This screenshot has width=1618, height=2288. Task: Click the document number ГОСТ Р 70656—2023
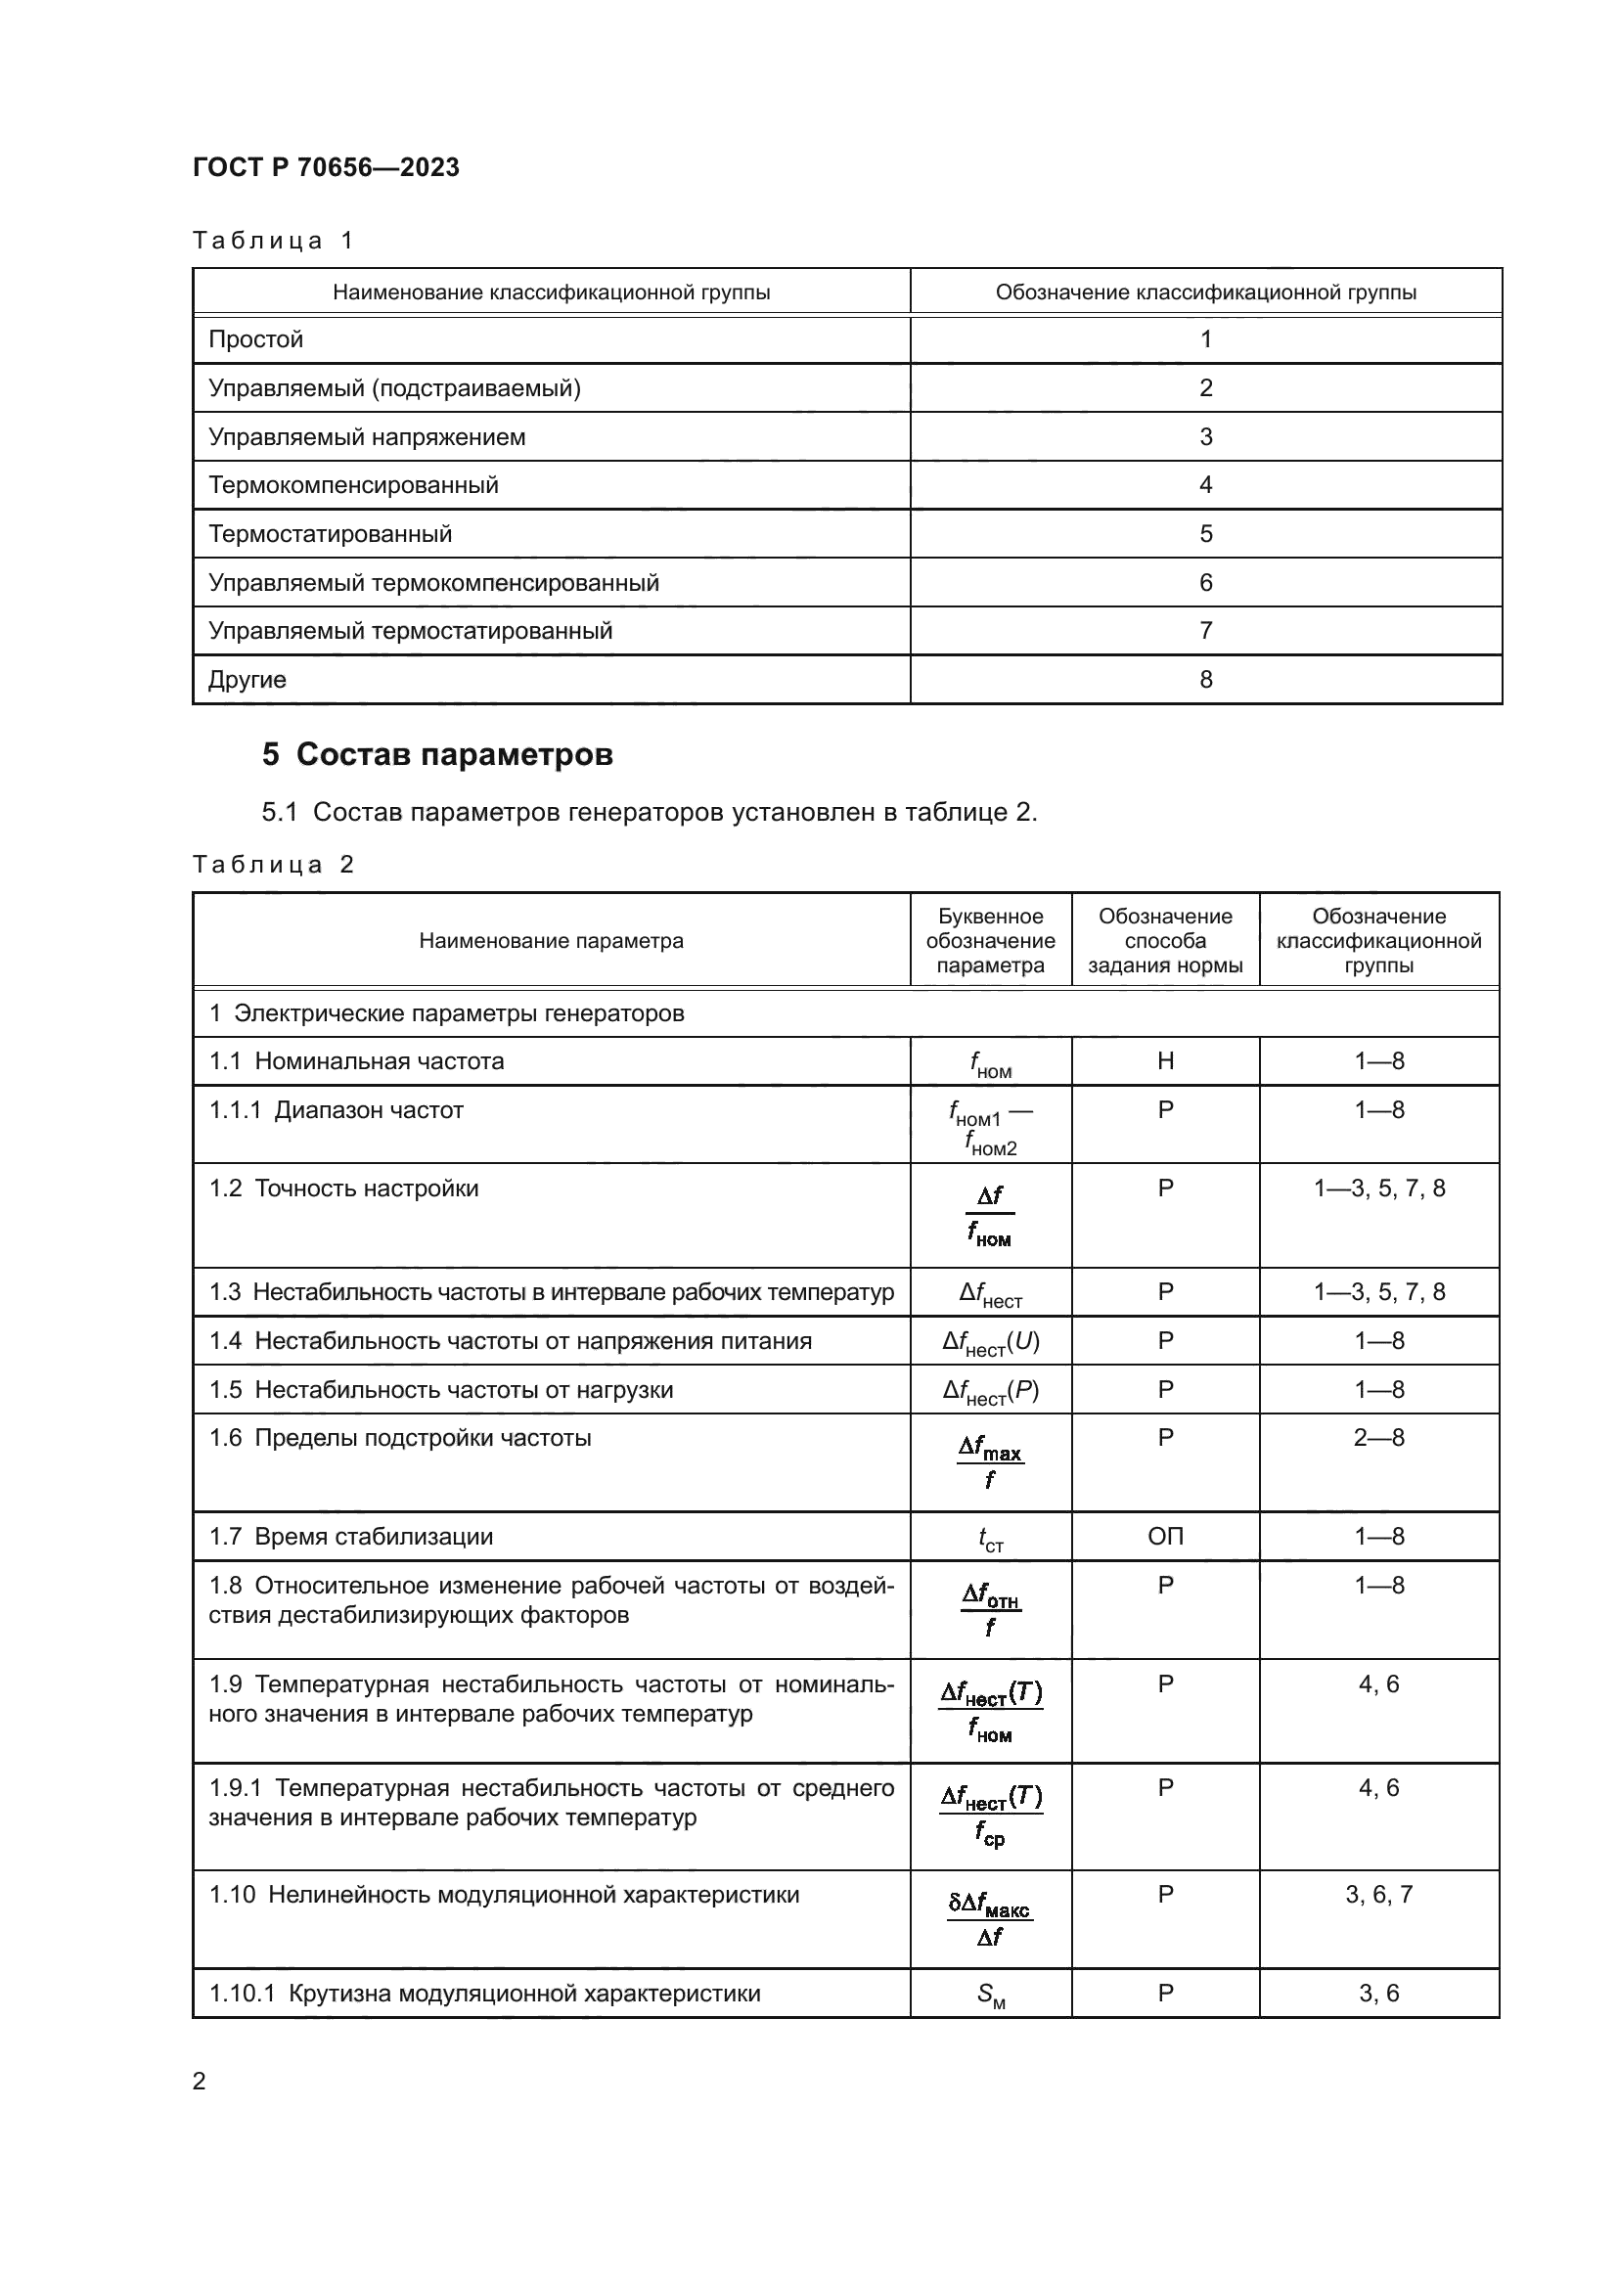[326, 167]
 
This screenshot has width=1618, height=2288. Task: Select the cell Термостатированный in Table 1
[330, 534]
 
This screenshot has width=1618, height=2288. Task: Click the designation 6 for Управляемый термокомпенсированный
[1205, 583]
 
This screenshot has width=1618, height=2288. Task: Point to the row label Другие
[247, 680]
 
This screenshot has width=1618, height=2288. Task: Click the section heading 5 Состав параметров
[437, 754]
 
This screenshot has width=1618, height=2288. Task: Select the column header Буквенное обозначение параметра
[990, 941]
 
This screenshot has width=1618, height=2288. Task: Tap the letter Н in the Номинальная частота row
[1165, 1061]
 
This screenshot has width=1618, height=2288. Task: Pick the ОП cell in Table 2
[1165, 1537]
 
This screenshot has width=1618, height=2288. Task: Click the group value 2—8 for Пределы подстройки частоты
[1379, 1438]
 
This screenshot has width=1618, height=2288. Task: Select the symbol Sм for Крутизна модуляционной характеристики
[990, 1994]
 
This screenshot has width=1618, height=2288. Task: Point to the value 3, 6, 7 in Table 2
[1379, 1895]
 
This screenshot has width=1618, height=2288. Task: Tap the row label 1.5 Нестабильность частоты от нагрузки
[440, 1390]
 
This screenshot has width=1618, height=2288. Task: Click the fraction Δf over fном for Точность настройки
[990, 1216]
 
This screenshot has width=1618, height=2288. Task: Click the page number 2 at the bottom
[200, 2081]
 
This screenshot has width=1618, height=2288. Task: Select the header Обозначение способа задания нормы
[1165, 941]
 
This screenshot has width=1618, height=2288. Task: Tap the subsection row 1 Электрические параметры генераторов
[446, 1013]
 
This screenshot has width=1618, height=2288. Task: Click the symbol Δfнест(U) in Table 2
[990, 1342]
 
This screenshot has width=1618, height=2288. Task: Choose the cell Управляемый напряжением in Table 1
[367, 437]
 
